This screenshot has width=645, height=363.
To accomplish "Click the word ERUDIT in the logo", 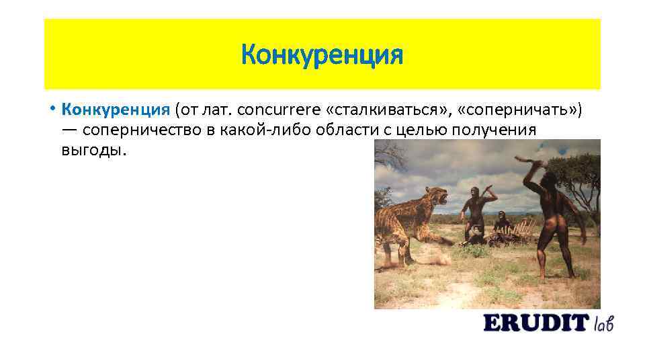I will coord(535,323).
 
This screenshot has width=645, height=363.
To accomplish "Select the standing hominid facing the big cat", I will coord(476,212).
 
